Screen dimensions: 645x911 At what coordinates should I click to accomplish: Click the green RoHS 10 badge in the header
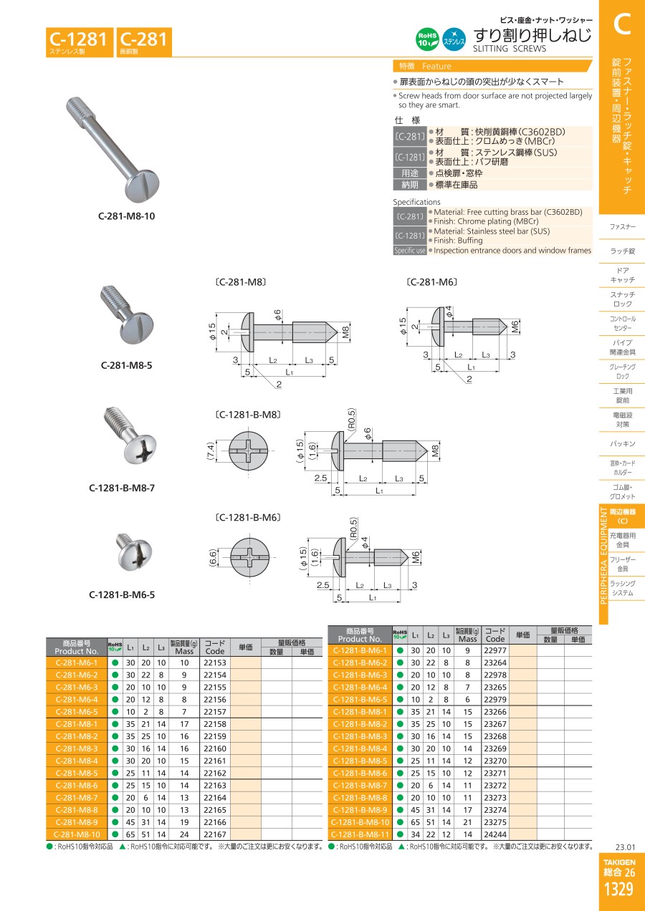427,39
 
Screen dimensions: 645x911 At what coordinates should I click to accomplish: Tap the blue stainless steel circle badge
454,39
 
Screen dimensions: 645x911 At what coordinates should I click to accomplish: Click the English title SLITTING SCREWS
509,49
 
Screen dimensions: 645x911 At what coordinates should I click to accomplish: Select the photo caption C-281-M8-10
127,216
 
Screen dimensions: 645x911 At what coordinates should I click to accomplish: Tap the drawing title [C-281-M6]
431,282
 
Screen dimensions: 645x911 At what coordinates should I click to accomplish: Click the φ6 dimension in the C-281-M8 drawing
277,314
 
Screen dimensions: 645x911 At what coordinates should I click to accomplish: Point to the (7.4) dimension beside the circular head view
211,450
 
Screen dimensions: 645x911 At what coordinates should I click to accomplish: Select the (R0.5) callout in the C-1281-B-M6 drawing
353,529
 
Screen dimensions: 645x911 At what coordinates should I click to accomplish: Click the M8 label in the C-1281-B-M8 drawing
435,450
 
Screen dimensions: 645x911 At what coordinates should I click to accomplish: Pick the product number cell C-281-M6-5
77,712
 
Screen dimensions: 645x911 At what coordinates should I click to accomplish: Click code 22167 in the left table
215,834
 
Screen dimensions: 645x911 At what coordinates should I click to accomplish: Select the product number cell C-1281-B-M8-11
360,834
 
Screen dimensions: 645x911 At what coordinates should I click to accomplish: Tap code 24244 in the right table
495,834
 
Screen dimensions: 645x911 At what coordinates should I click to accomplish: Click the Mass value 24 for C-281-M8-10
184,834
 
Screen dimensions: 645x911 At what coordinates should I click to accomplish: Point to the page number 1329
618,889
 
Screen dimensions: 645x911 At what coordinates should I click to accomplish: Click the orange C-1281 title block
80,42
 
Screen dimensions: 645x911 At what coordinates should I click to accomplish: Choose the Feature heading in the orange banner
436,67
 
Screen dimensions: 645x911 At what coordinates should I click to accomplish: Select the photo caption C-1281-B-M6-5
122,594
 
